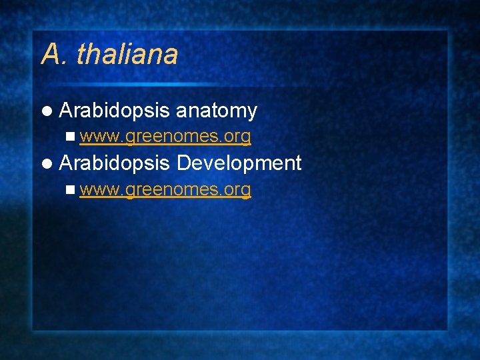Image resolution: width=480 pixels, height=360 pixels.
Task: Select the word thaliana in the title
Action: point(127,55)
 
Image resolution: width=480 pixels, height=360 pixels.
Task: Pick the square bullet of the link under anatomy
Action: point(71,137)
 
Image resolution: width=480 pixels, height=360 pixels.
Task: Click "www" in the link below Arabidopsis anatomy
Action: point(100,137)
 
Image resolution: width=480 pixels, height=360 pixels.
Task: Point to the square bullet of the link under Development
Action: point(71,189)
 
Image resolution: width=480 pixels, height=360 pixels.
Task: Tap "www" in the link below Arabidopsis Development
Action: point(100,190)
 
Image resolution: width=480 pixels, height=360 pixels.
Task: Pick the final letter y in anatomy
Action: point(252,113)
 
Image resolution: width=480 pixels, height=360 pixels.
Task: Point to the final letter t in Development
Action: point(298,163)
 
